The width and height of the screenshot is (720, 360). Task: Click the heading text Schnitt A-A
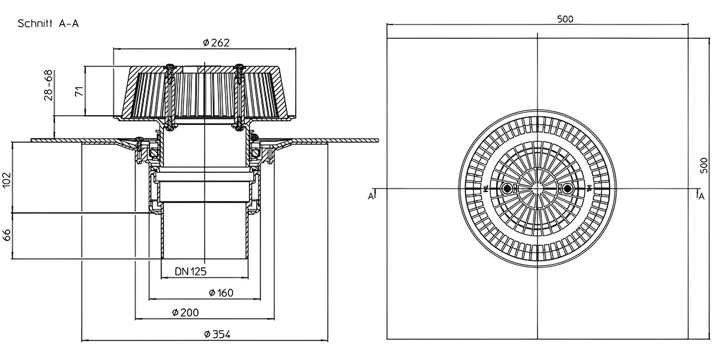pyautogui.click(x=48, y=24)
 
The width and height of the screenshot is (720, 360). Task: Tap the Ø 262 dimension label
pyautogui.click(x=217, y=43)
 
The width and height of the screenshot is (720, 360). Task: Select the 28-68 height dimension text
pyautogui.click(x=49, y=85)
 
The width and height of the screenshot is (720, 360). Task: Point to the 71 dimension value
pyautogui.click(x=79, y=91)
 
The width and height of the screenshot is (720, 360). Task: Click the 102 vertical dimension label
pyautogui.click(x=7, y=180)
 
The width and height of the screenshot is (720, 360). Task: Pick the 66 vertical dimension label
pyautogui.click(x=7, y=235)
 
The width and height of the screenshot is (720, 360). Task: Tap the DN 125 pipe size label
pyautogui.click(x=191, y=272)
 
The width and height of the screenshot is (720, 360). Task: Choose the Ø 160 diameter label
pyautogui.click(x=221, y=293)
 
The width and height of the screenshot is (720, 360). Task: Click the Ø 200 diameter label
pyautogui.click(x=185, y=313)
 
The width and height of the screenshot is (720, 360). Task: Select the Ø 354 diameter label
pyautogui.click(x=217, y=335)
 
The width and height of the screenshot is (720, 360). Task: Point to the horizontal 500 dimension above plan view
pyautogui.click(x=565, y=19)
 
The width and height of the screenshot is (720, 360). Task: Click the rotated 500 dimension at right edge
pyautogui.click(x=704, y=166)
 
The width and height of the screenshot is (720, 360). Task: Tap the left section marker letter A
pyautogui.click(x=371, y=196)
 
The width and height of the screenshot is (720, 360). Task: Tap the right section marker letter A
pyautogui.click(x=701, y=196)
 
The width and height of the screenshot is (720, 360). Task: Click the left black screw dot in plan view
pyautogui.click(x=507, y=188)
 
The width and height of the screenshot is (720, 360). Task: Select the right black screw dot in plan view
pyautogui.click(x=568, y=188)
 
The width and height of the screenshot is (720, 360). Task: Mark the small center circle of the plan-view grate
pyautogui.click(x=538, y=188)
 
